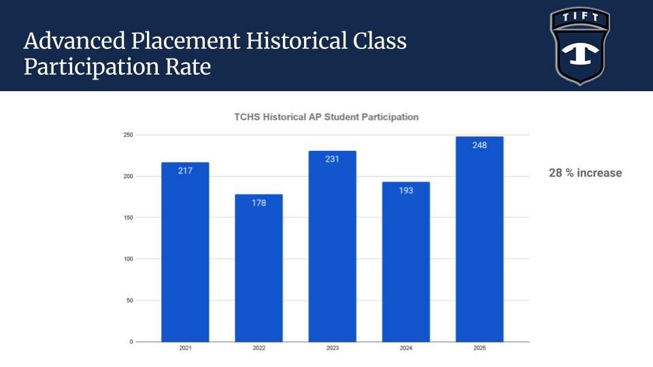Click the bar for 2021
point(185,251)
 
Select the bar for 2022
point(258,268)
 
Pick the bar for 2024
point(405,262)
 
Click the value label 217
point(185,171)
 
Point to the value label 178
point(258,203)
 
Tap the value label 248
point(480,145)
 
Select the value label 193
point(405,190)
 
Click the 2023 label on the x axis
point(332,349)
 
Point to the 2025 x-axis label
point(480,349)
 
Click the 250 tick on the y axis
point(128,135)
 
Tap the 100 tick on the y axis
point(128,259)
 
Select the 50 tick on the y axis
point(129,300)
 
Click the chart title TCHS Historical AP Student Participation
point(326,117)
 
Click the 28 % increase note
point(585,173)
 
